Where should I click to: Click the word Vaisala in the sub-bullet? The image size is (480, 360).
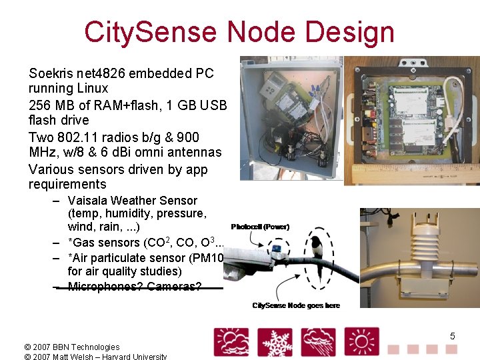point(88,200)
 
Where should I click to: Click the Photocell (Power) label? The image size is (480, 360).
point(260,227)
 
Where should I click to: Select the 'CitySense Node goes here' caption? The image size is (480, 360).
point(296,305)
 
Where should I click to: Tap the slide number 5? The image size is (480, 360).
point(452,336)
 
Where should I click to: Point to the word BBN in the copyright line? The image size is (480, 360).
point(58,347)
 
